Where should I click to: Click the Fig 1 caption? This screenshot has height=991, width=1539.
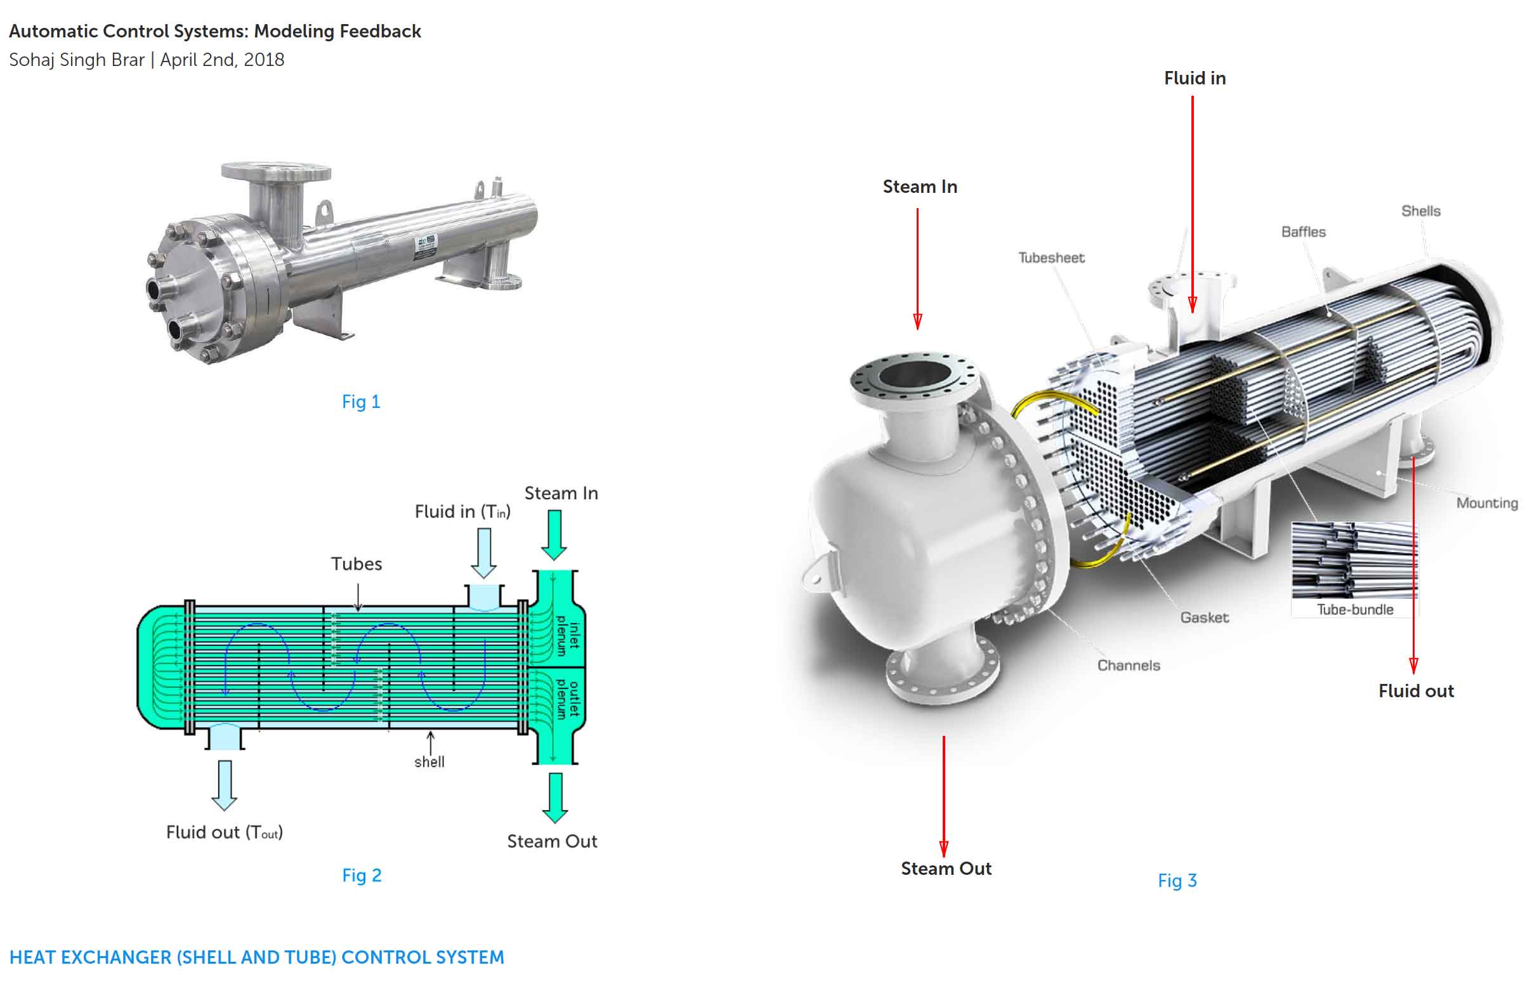361,402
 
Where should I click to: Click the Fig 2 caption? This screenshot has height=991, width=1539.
362,876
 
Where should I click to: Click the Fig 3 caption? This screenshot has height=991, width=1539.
1177,881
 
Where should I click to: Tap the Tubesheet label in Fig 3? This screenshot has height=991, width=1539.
1051,258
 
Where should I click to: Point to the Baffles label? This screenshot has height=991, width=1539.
1304,232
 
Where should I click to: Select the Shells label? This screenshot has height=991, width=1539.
1420,211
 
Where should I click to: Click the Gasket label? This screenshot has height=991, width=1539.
1205,618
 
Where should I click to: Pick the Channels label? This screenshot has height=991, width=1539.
1129,666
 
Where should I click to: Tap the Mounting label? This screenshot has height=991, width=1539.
1487,503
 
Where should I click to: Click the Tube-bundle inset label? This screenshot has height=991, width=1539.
1355,610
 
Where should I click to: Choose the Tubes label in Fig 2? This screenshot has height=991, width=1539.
357,565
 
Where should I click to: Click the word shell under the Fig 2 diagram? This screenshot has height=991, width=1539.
429,763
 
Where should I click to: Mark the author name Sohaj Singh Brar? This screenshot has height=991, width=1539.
77,60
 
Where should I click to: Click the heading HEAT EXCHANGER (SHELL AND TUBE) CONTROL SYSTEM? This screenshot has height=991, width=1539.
257,957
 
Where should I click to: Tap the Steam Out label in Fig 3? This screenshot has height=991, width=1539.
946,869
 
